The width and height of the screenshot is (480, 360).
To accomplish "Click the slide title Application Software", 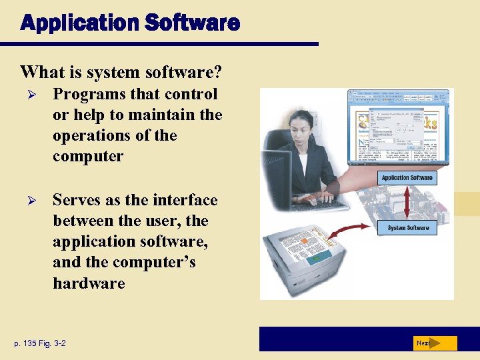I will [130, 23].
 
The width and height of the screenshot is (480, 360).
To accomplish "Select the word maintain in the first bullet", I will [161, 115].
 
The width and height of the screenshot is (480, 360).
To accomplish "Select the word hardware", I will [89, 283].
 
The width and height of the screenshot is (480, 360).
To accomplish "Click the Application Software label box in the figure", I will [407, 178].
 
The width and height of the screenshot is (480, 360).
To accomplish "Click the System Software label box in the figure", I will [408, 228].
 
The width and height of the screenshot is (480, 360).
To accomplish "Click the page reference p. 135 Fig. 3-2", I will [39, 343].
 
